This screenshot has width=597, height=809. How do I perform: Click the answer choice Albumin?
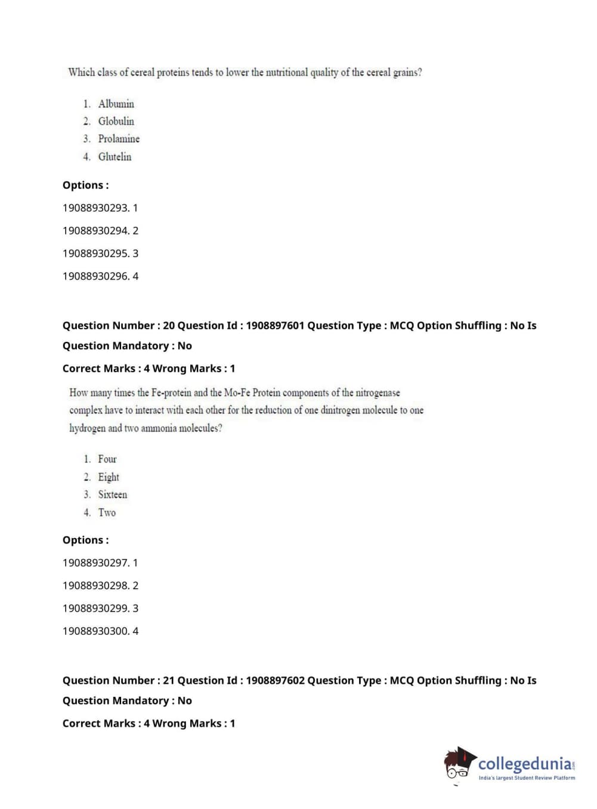coord(116,104)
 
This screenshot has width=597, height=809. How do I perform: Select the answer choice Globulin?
coord(116,121)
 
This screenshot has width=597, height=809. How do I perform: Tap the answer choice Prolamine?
coord(119,139)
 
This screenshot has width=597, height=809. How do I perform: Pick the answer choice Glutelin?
coord(115,157)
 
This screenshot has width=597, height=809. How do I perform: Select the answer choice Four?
coord(107,459)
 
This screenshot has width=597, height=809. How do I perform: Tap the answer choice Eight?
coord(109,477)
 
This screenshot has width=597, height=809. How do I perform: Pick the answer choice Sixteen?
coord(112,495)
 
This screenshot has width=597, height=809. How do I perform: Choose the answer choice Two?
coord(107,512)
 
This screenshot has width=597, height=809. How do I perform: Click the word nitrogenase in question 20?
coord(378,393)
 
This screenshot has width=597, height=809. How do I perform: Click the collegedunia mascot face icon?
coord(459,764)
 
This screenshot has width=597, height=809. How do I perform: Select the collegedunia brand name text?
coord(524,764)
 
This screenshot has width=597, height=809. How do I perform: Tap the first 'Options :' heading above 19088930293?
coord(85,186)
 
